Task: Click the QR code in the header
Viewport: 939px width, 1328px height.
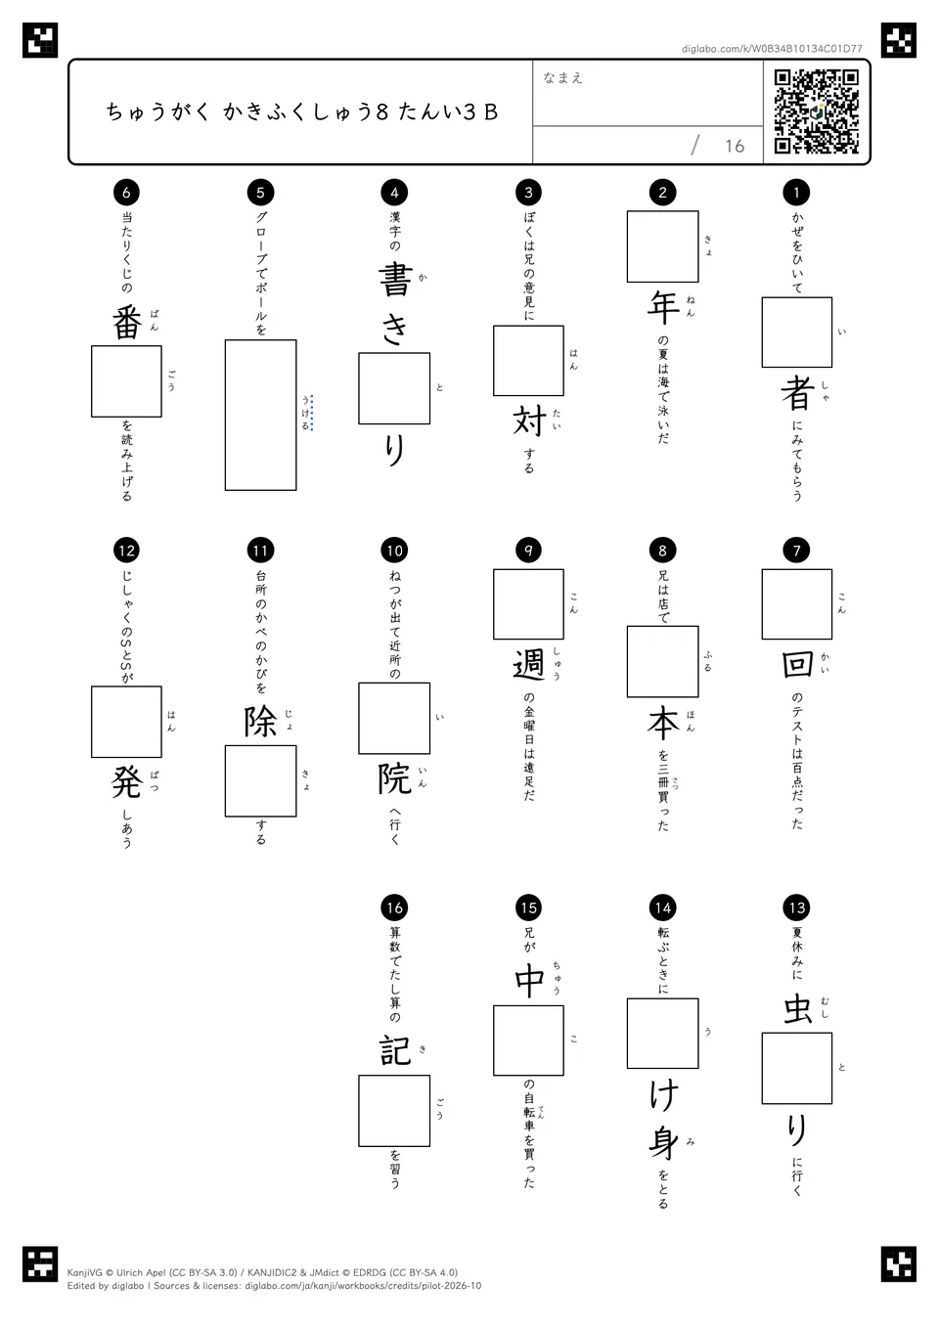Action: pos(817,111)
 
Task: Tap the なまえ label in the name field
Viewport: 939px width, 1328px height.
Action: pos(562,77)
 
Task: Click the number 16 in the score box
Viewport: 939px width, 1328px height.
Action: pos(735,146)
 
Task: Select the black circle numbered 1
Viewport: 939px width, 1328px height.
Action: pos(796,192)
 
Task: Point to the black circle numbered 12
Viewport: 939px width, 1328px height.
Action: pos(126,551)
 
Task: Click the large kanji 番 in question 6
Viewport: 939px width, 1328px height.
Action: pos(127,323)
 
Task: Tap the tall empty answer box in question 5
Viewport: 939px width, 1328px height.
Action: pos(261,415)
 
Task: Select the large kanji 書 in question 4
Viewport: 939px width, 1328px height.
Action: pos(395,280)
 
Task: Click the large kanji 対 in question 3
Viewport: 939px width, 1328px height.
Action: pos(529,421)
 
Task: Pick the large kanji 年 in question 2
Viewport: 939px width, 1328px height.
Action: pos(663,307)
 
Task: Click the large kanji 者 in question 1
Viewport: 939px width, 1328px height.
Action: pos(797,393)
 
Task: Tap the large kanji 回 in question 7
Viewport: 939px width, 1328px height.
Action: pos(797,664)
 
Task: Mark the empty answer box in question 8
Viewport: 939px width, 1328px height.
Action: pos(663,662)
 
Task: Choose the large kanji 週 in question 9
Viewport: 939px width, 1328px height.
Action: pos(529,664)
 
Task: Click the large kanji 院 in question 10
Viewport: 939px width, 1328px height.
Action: pos(395,778)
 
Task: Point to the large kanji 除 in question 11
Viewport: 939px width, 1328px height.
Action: pos(261,721)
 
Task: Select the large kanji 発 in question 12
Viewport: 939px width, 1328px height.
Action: pos(127,782)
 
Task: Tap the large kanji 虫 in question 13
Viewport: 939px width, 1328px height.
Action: pos(797,1009)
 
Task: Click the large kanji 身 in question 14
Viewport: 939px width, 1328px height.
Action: pos(663,1142)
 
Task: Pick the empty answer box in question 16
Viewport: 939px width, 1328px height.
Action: pos(394,1111)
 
